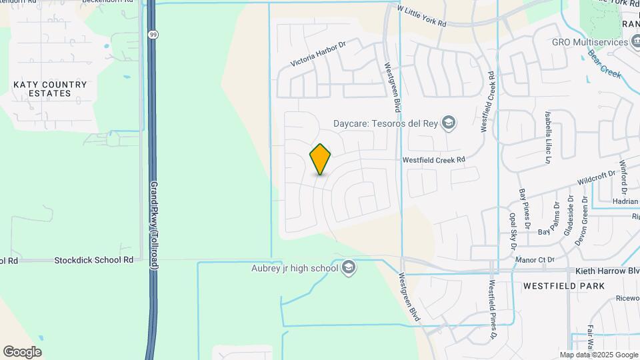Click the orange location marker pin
click(321, 159)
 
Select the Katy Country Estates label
click(50, 89)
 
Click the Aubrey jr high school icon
click(348, 268)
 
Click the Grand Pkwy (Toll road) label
click(153, 225)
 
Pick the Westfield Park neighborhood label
click(563, 286)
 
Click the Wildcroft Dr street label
click(595, 175)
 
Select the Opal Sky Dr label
click(513, 227)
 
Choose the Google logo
click(22, 352)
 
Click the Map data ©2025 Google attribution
click(598, 355)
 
